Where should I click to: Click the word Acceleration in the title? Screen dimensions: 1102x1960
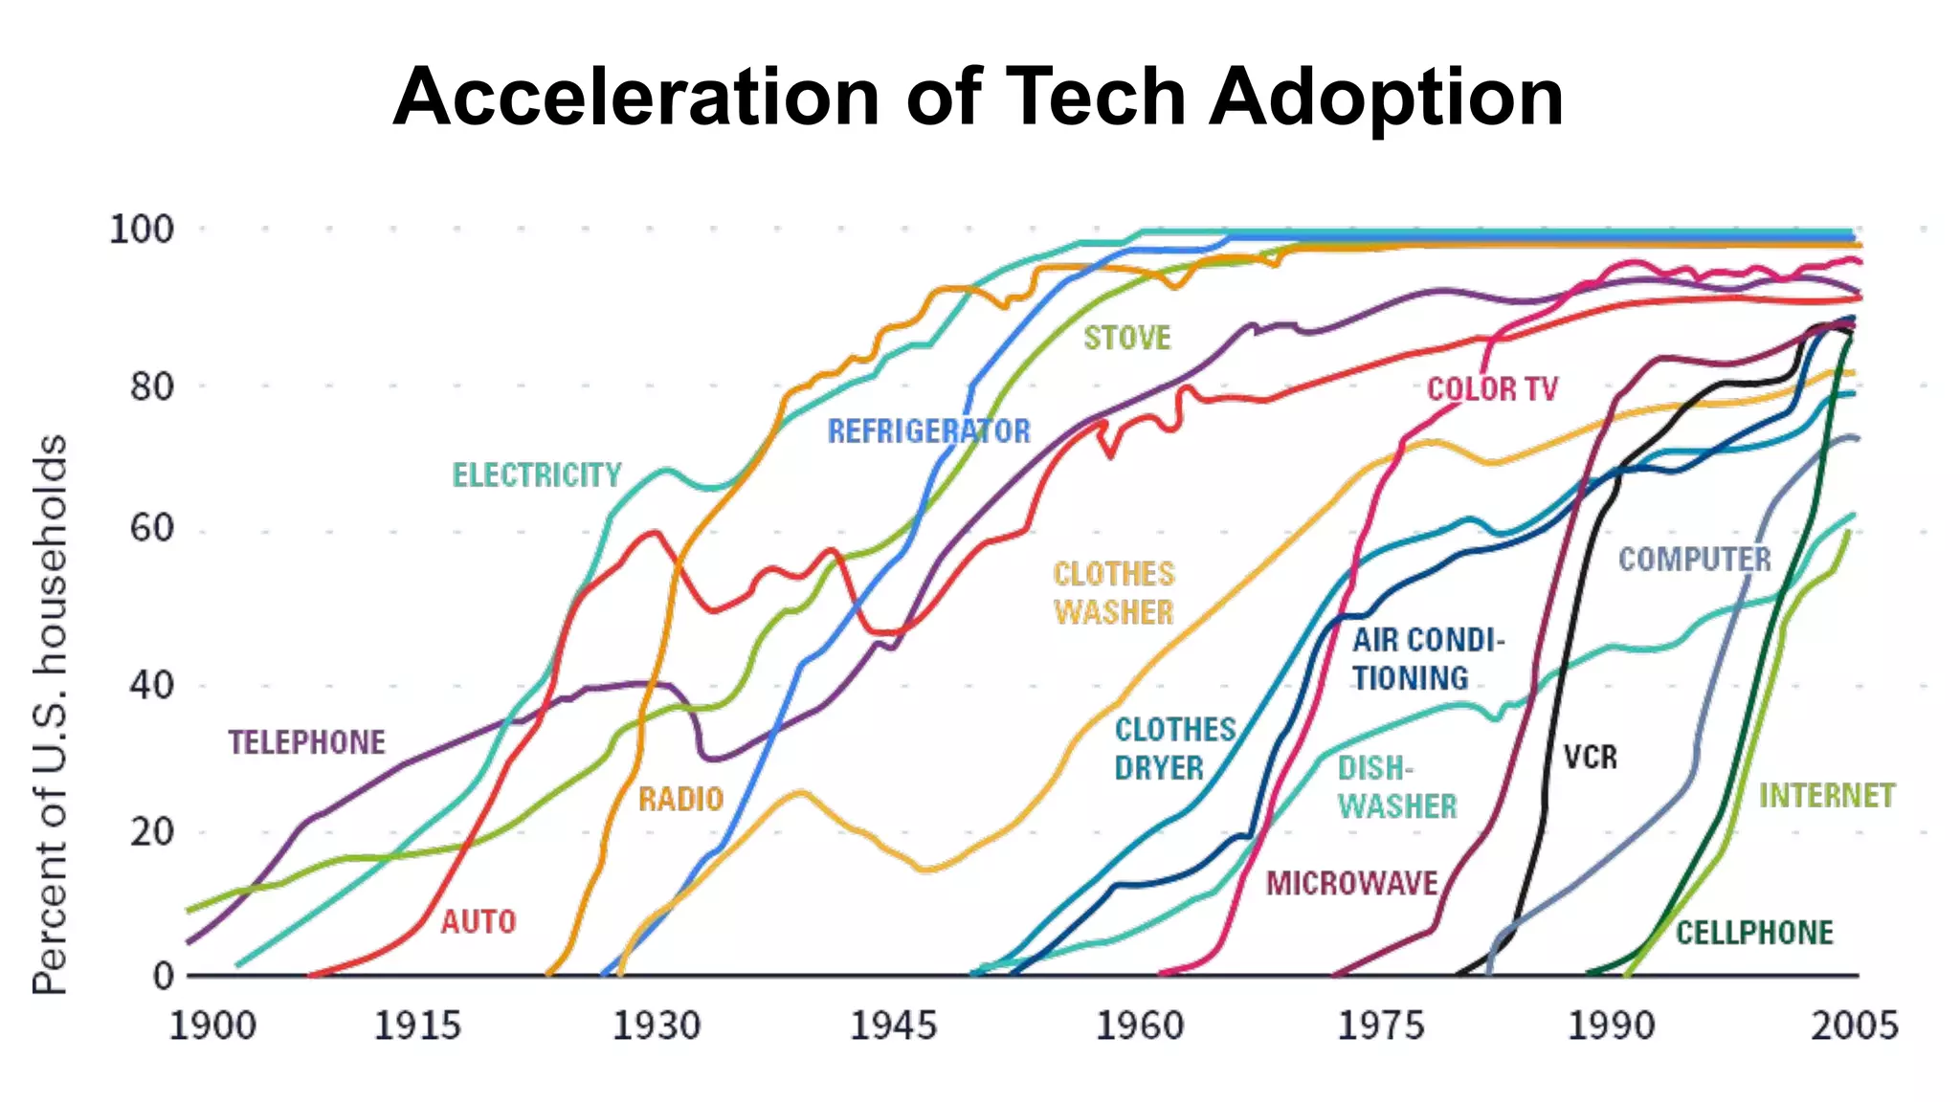(635, 98)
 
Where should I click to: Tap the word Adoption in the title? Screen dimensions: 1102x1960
(1386, 98)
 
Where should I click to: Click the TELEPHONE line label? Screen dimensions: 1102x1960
(306, 742)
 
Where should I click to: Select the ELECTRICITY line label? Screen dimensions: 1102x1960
(537, 475)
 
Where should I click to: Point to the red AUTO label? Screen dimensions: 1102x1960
(479, 922)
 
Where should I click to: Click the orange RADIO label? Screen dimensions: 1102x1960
(680, 799)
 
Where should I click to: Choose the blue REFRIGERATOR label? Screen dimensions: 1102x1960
(928, 431)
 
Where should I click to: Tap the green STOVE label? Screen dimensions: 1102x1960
(1126, 338)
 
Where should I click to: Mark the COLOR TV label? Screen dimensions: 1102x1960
(1492, 389)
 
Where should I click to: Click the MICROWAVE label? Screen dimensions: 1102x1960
(1351, 883)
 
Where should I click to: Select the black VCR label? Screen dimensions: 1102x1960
(1590, 758)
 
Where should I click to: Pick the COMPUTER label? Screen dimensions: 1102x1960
(1694, 560)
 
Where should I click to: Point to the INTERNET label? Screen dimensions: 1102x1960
(1826, 796)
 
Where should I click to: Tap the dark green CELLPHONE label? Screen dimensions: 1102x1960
(1753, 933)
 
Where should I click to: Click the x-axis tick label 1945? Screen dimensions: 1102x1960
(893, 1026)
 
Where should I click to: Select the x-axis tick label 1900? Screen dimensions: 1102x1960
(212, 1026)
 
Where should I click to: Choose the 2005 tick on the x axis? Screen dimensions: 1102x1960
(1854, 1026)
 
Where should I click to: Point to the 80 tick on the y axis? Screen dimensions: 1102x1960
(152, 387)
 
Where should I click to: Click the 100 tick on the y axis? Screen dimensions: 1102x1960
(142, 230)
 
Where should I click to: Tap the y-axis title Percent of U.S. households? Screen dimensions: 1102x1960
(50, 715)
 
